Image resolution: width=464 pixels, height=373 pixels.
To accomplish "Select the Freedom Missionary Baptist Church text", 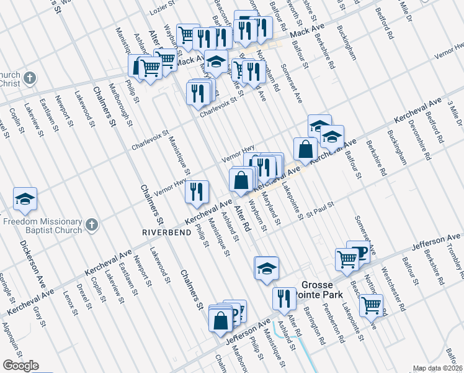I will (42, 226).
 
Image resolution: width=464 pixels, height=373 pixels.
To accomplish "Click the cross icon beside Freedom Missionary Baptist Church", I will (91, 225).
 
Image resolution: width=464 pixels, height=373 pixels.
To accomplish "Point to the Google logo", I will (20, 366).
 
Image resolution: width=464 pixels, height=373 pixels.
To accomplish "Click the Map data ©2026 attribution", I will (437, 368).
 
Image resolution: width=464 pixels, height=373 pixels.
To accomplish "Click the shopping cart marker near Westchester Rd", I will (371, 305).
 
